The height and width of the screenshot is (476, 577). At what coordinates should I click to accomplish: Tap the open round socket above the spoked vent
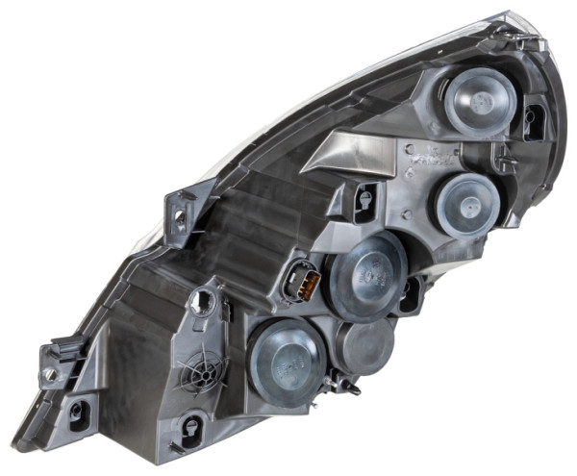[x=204, y=302]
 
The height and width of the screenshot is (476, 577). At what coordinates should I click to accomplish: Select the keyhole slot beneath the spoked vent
[x=192, y=426]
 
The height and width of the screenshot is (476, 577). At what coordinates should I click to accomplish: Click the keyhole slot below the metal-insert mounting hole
[x=77, y=413]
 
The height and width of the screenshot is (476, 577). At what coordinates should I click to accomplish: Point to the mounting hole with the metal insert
[x=48, y=372]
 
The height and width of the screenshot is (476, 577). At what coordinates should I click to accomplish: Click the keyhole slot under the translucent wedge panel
[x=364, y=198]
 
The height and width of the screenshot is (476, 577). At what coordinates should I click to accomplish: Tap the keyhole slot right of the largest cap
[x=411, y=293]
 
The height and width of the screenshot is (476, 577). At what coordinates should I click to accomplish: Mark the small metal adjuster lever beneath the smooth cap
[x=344, y=387]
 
